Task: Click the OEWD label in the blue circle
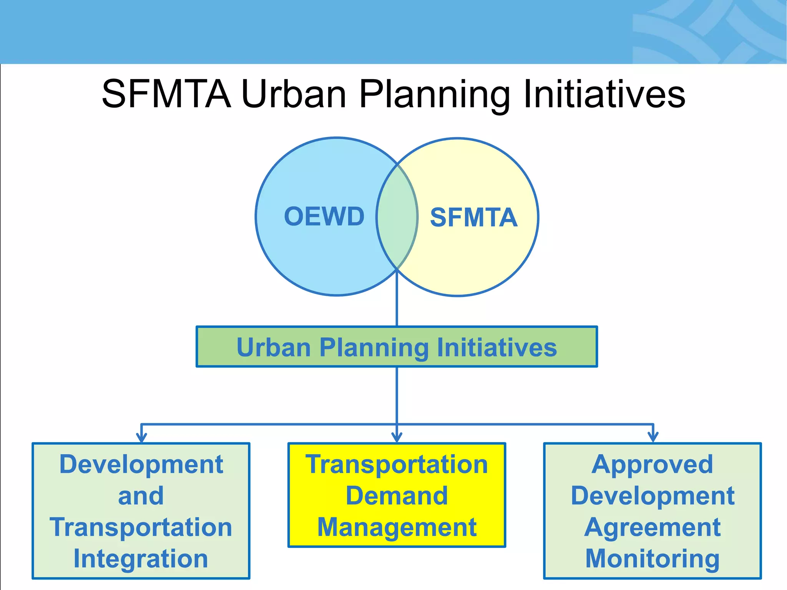point(324,216)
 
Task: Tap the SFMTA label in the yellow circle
point(473,217)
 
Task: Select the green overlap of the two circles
point(397,217)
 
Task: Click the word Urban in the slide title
point(294,94)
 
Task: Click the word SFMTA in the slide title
point(166,94)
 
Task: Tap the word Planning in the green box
point(374,348)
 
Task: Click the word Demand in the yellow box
point(397,496)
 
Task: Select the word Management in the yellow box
point(397,527)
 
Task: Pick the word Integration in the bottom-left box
point(141,559)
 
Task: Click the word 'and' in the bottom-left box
point(141,496)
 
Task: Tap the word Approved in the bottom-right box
point(652,464)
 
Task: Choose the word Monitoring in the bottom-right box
point(652,559)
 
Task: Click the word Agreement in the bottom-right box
point(652,527)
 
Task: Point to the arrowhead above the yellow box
point(397,437)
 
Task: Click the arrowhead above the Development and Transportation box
point(141,437)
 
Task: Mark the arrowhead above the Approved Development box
point(653,437)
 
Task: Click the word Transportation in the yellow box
point(397,464)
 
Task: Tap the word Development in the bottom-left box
point(141,464)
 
